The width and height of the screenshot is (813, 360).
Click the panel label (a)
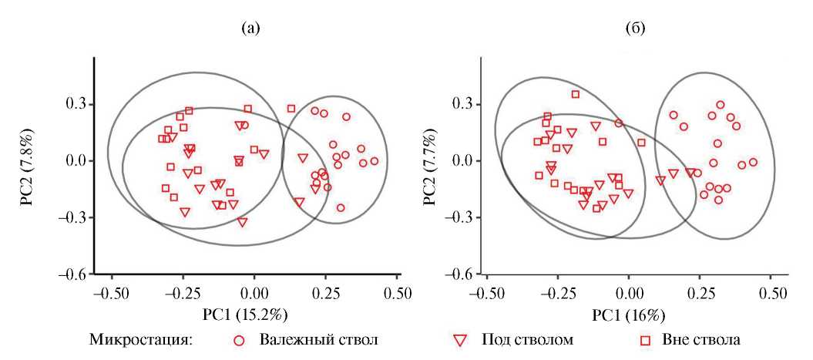(x=251, y=29)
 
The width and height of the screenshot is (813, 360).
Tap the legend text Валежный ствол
(x=319, y=339)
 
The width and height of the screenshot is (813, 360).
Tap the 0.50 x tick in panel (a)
(x=398, y=293)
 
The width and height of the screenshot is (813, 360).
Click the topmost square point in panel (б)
(x=576, y=94)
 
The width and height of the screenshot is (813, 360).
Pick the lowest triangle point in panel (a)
(x=243, y=222)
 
